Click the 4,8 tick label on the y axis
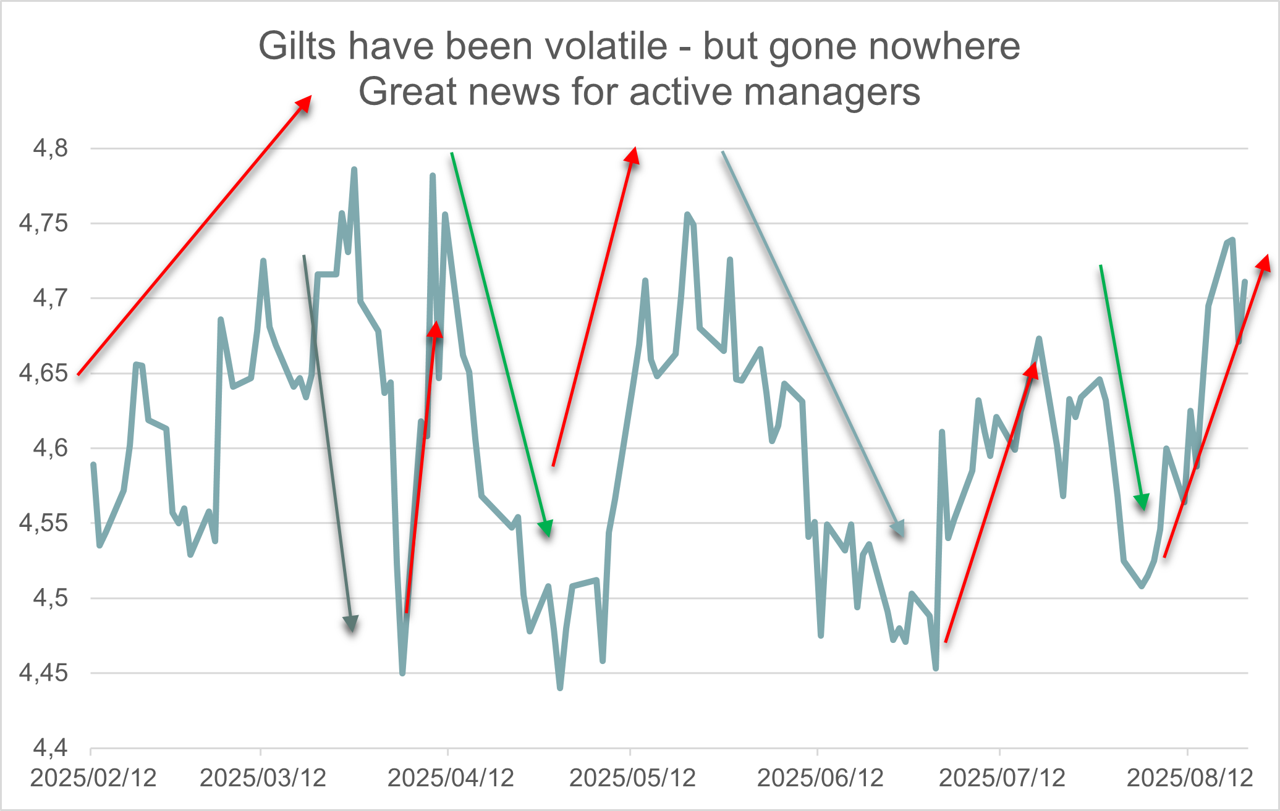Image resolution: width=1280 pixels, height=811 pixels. [51, 149]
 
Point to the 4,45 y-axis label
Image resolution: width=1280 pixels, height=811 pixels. [43, 673]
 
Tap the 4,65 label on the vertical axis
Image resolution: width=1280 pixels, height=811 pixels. [43, 374]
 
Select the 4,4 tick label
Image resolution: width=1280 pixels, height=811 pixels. [51, 748]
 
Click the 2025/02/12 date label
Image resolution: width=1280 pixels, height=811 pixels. [93, 778]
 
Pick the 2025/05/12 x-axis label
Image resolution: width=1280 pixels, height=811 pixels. [632, 778]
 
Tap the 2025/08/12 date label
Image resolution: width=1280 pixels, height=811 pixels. [1190, 778]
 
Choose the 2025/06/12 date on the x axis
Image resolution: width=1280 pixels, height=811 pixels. [820, 778]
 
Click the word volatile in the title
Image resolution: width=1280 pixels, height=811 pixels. [598, 46]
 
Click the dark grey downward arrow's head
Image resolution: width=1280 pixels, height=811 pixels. [351, 624]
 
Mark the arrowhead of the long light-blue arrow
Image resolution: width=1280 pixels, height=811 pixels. [899, 529]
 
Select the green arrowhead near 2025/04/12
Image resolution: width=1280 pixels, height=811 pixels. [546, 529]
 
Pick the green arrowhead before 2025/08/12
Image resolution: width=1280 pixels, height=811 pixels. [1142, 502]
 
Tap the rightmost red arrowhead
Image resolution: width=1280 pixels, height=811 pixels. [1263, 263]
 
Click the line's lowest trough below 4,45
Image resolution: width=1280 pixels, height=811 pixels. [560, 687]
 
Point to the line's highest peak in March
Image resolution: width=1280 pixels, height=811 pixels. [354, 169]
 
